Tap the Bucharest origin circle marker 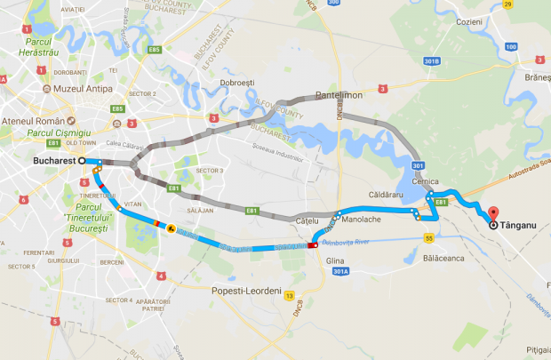click(82, 161)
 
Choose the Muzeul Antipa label click(86, 90)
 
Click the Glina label click(334, 260)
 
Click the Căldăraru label click(387, 194)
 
